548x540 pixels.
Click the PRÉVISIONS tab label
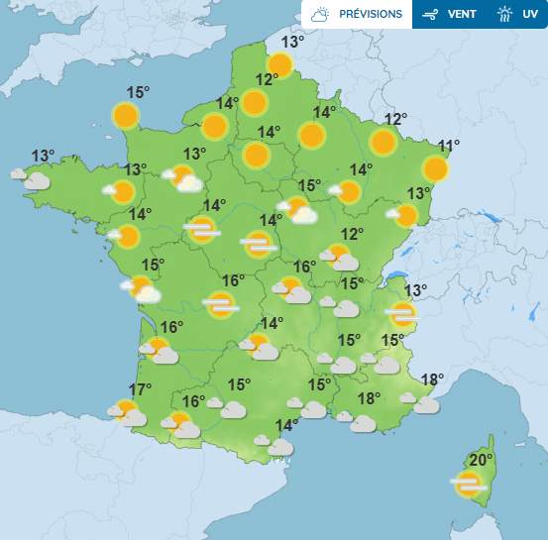tap(371, 14)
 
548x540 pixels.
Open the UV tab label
tap(530, 14)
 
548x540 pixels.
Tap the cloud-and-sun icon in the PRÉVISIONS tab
tap(320, 14)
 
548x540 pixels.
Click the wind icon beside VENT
tap(430, 14)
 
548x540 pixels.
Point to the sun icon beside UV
tap(505, 14)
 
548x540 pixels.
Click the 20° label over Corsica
tap(482, 460)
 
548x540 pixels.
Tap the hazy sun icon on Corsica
tap(467, 484)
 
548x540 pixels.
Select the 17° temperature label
tap(141, 389)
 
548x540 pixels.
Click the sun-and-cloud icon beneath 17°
tap(127, 412)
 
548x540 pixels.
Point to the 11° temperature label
tap(449, 148)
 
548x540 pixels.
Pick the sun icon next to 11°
tap(434, 168)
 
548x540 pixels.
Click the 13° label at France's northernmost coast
tap(292, 43)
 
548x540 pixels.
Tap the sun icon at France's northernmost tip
tap(279, 65)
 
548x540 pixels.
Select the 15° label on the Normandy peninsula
tap(138, 93)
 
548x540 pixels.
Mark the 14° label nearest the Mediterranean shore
tap(286, 426)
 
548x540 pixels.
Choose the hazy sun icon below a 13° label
tap(400, 314)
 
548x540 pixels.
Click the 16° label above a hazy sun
tap(233, 281)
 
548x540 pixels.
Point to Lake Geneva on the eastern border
tap(396, 278)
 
